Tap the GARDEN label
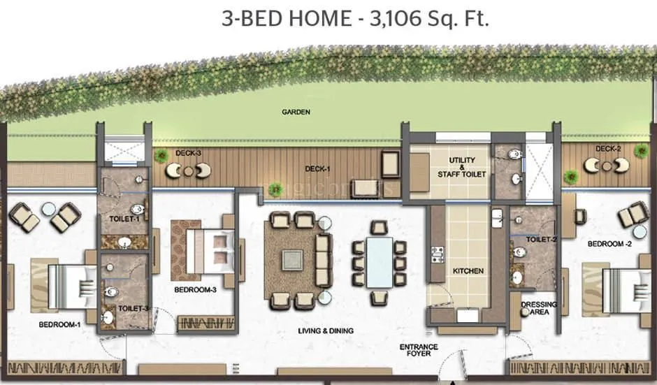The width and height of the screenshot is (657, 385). (296, 112)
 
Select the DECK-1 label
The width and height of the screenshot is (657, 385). (317, 168)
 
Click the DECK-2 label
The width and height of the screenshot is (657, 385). (608, 149)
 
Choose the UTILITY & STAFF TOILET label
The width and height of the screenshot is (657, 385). (462, 167)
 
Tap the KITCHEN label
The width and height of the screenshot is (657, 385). (468, 270)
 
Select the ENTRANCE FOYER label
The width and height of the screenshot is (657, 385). (419, 350)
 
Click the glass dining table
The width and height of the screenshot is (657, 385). (380, 262)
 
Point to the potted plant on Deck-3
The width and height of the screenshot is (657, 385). (162, 155)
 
